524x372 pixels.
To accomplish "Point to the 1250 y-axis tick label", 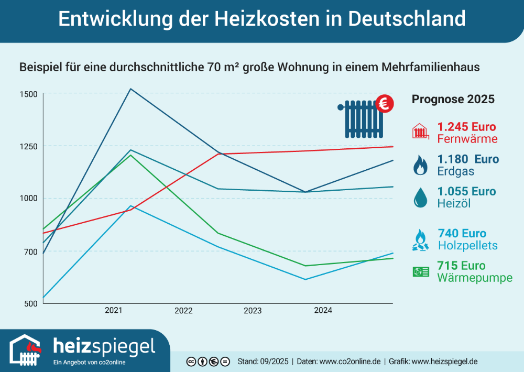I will (29, 146).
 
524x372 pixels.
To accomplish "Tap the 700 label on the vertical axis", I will (30, 251).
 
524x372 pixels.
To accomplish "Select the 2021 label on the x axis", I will (114, 311).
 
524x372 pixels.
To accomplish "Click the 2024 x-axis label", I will (323, 311).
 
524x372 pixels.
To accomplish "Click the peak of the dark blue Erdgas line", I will (130, 89).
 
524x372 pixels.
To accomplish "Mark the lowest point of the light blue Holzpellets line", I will (305, 279).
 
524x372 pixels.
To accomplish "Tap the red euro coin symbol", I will (384, 104).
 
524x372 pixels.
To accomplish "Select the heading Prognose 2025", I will (453, 100).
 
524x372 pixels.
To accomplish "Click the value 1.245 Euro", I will (466, 127).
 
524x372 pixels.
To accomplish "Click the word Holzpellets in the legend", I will (467, 246).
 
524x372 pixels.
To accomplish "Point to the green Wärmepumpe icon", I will (421, 271).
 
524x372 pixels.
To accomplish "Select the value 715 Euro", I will (461, 266).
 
